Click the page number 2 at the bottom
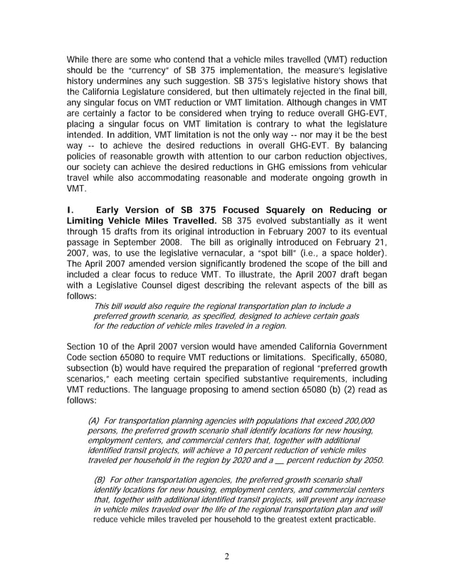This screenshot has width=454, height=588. [226, 556]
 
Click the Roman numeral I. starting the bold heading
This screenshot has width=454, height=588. [69, 209]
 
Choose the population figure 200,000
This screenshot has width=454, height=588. [353, 420]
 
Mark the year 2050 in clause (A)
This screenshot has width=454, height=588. [370, 460]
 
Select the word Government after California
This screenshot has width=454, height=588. [358, 347]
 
